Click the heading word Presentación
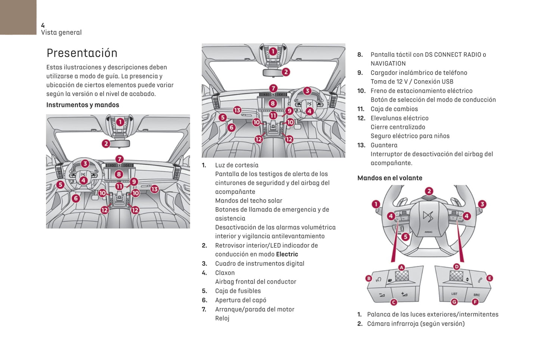click(82, 53)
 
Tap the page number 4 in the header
click(43, 25)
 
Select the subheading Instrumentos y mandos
click(83, 105)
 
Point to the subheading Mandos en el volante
click(389, 178)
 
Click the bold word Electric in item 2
click(287, 254)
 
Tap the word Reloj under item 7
click(222, 318)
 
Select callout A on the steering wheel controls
click(401, 267)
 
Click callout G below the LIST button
click(454, 302)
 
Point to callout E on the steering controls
click(490, 278)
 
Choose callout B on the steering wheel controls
click(369, 278)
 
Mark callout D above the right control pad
click(456, 267)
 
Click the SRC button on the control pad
click(476, 295)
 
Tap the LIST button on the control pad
click(454, 294)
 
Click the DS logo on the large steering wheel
click(428, 216)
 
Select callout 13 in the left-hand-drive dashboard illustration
click(154, 189)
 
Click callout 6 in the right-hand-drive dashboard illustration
click(231, 128)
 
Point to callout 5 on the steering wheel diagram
click(405, 237)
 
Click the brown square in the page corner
click(18, 17)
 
